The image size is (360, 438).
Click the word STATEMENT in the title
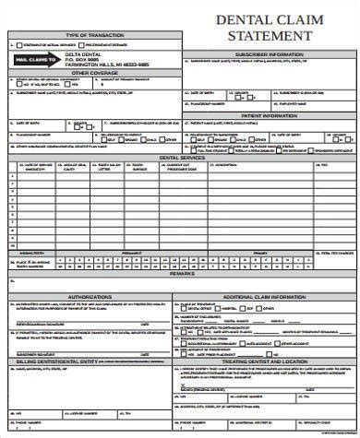pos(270,36)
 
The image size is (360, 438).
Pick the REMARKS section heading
pos(181,274)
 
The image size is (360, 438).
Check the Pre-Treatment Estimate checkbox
pos(82,43)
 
